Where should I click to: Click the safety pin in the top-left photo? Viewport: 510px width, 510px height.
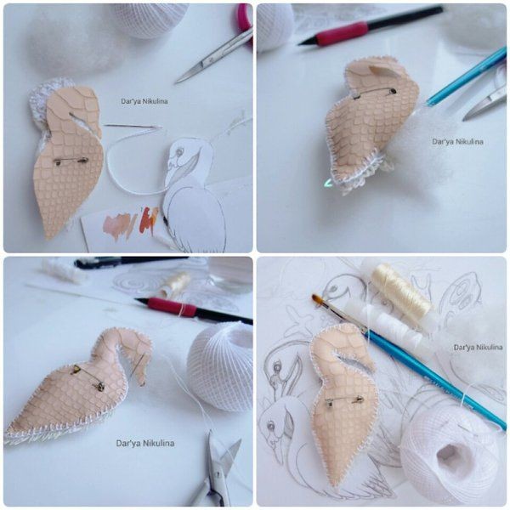coord(71,161)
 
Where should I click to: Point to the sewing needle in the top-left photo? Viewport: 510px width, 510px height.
coord(133,126)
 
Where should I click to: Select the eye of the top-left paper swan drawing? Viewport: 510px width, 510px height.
coord(178,151)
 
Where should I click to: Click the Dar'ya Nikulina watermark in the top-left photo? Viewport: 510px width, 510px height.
coord(144,101)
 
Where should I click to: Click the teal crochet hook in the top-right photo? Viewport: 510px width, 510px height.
coord(467,77)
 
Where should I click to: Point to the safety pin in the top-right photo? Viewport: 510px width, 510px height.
coord(374,92)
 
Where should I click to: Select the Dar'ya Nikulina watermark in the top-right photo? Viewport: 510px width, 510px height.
coord(457,141)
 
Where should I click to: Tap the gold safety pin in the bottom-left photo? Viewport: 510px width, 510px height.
coord(88,377)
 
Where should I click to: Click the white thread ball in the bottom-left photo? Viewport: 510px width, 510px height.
coord(221,365)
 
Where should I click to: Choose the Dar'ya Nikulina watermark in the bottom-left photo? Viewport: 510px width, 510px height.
coord(145,444)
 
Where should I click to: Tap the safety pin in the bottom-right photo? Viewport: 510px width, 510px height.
coord(344,400)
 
